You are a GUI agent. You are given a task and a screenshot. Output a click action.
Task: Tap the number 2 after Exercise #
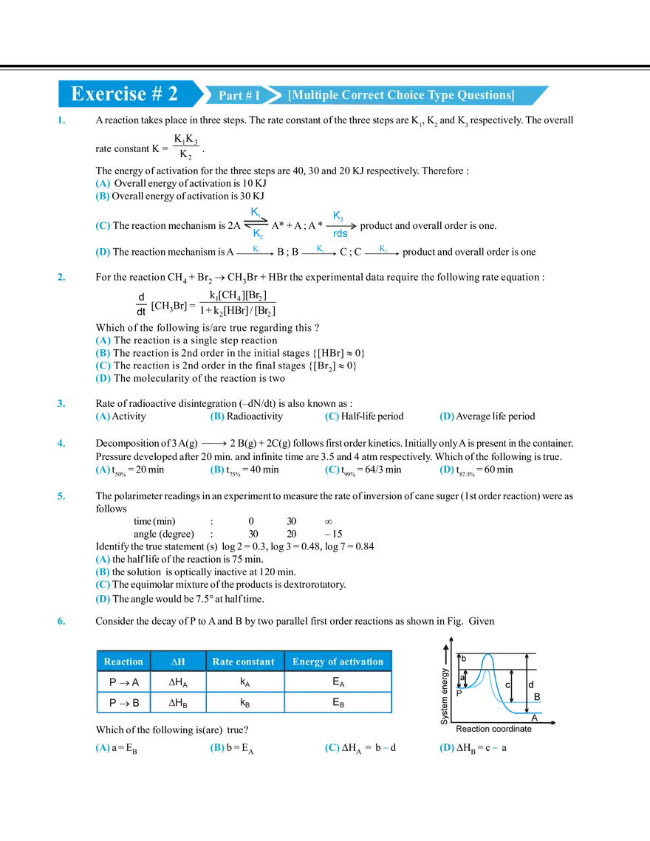pos(172,94)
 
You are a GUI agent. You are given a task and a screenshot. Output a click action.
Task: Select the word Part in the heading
pos(230,96)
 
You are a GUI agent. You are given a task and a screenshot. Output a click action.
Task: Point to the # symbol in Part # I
pos(247,96)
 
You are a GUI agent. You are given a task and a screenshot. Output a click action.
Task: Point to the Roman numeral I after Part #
pos(257,96)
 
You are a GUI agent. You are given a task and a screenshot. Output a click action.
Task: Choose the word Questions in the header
pos(487,95)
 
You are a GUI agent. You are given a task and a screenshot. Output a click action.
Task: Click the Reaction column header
pos(123,662)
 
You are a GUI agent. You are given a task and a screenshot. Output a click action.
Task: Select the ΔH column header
pos(178,662)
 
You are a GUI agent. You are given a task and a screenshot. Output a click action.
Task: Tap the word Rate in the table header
pos(223,662)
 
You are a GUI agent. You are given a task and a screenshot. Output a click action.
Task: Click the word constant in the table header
pos(255,662)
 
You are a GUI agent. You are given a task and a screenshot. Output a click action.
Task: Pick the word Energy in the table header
pos(309,662)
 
